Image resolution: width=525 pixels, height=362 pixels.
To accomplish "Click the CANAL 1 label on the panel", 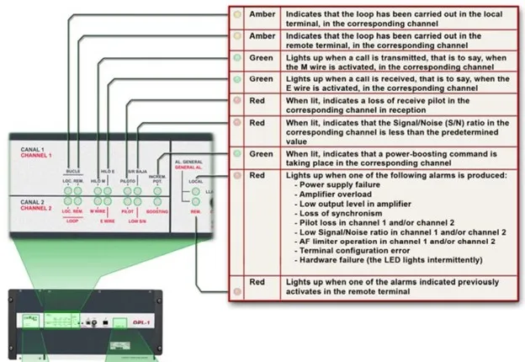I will (33, 149).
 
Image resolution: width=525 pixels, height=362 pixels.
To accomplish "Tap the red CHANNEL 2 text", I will (36, 208).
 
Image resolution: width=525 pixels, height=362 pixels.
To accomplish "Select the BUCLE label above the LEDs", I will (73, 171).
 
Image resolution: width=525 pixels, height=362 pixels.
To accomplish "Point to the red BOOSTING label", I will (157, 211).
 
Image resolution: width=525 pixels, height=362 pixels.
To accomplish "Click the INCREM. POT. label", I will (157, 178).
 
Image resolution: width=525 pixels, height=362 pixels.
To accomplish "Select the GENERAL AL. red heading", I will (188, 168).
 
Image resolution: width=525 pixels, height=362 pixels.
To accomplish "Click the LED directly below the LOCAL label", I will (195, 190).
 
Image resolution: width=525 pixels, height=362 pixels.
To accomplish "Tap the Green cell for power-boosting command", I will (260, 154).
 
